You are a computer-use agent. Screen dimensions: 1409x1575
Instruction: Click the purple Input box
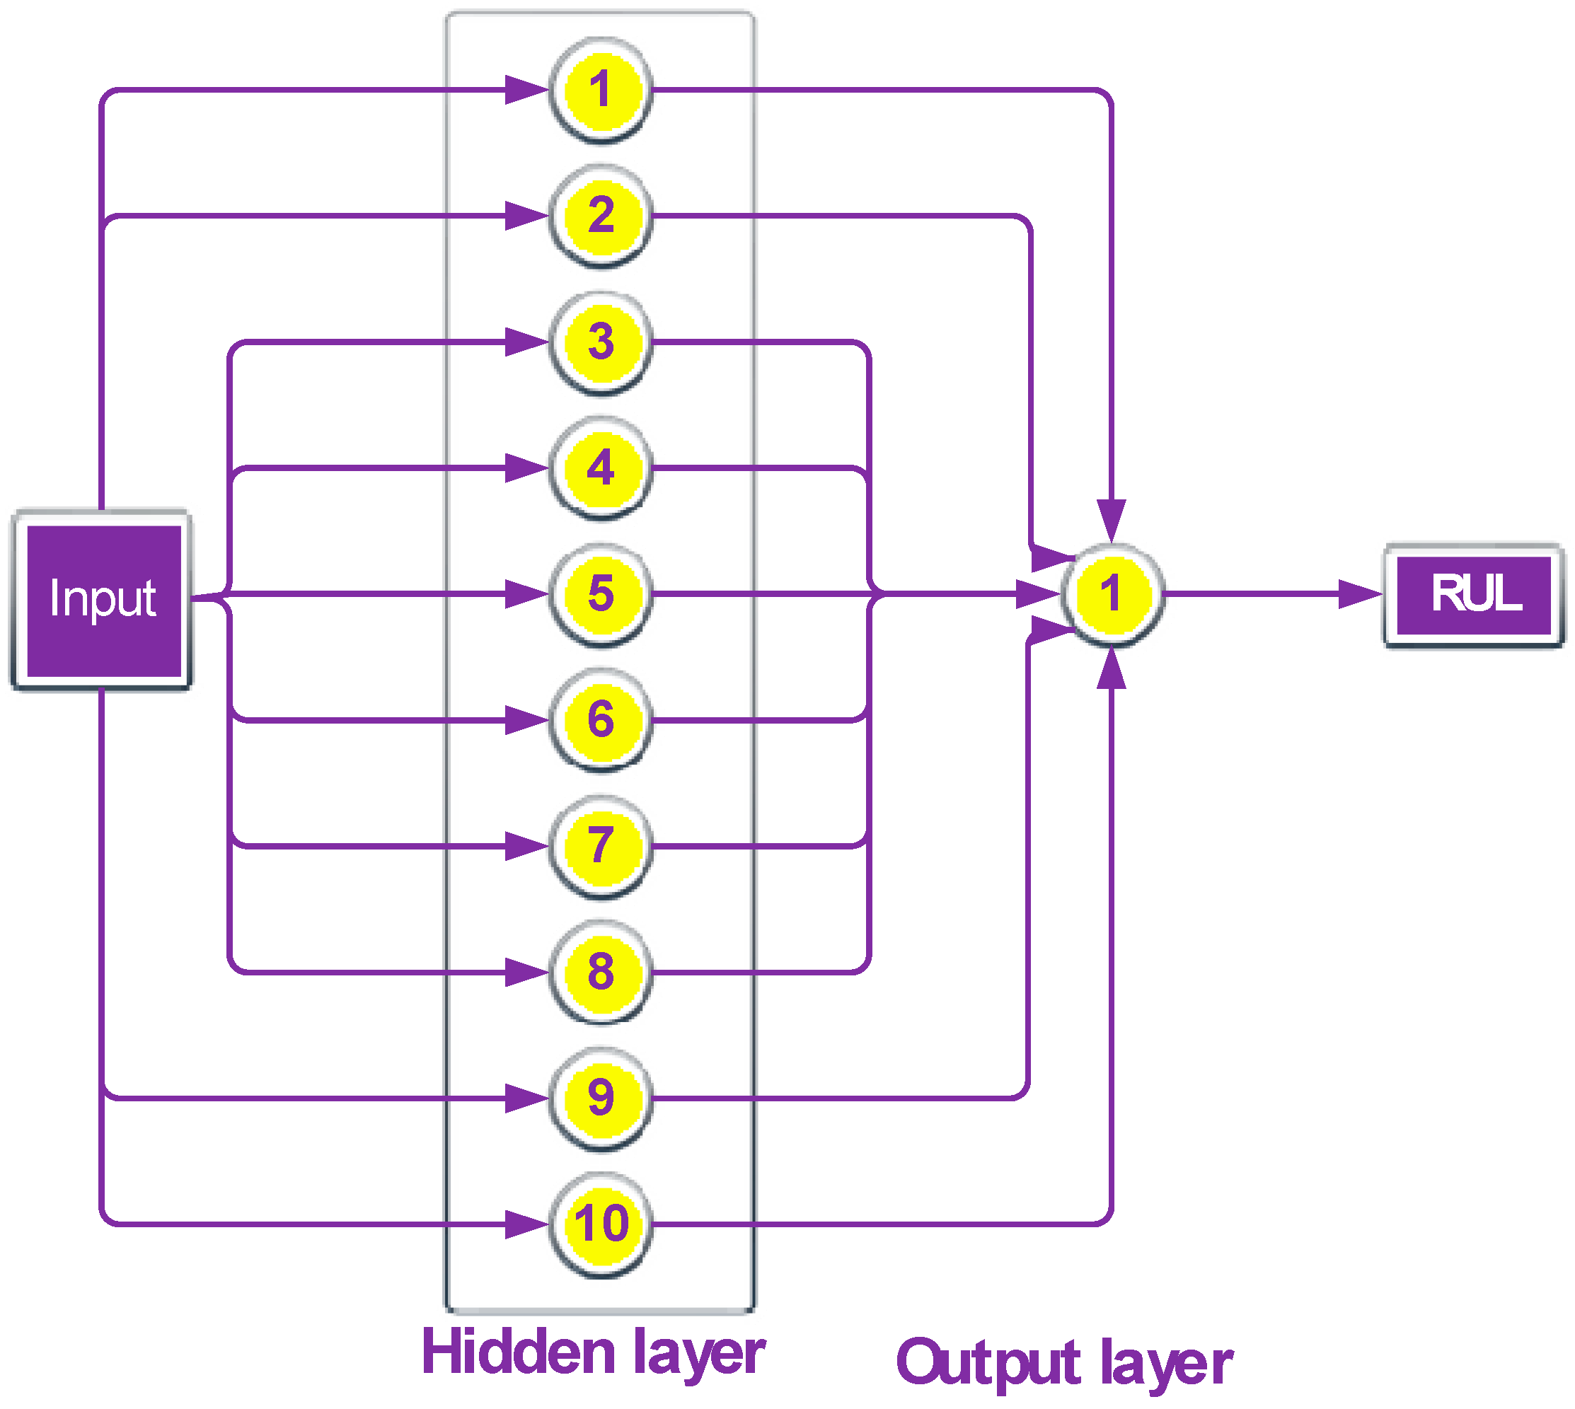(x=103, y=600)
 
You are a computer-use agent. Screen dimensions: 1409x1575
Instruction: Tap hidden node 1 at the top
(x=600, y=91)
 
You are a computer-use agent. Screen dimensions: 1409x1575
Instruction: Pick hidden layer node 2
(x=600, y=216)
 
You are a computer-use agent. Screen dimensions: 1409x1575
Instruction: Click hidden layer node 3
(x=600, y=343)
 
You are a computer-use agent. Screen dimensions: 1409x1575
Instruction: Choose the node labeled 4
(x=600, y=468)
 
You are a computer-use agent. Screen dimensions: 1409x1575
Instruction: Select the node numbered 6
(x=600, y=721)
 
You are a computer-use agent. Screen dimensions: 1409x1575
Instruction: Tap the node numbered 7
(x=600, y=846)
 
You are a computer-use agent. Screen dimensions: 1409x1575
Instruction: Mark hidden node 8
(x=600, y=973)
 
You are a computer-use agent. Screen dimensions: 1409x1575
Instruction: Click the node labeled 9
(x=600, y=1098)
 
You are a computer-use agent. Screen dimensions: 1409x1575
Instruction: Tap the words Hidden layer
(x=593, y=1353)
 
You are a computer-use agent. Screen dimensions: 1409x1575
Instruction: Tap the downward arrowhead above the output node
(x=1112, y=521)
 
